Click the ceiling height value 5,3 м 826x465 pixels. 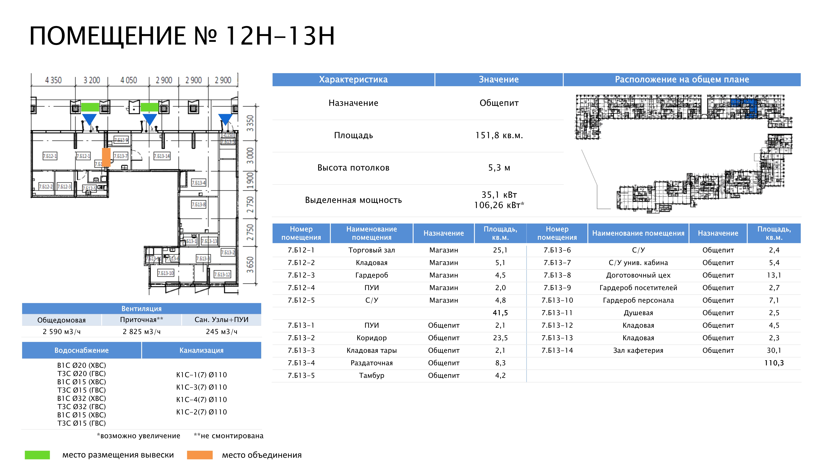pyautogui.click(x=499, y=168)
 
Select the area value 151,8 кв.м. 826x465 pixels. pyautogui.click(x=499, y=135)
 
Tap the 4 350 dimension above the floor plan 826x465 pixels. pyautogui.click(x=53, y=80)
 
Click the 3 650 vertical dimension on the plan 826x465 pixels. pyautogui.click(x=250, y=265)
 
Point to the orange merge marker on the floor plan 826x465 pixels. pyautogui.click(x=106, y=157)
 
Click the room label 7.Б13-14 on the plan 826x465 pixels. pyautogui.click(x=162, y=156)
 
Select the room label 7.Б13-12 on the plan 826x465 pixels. pyautogui.click(x=222, y=274)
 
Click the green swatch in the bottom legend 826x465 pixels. pyautogui.click(x=37, y=455)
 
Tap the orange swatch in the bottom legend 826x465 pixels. pyautogui.click(x=200, y=455)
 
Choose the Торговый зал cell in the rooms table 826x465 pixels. pyautogui.click(x=372, y=250)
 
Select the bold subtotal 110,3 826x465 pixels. pyautogui.click(x=774, y=363)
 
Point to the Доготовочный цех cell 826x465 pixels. pyautogui.click(x=638, y=275)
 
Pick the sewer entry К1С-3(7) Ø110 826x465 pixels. pyautogui.click(x=201, y=387)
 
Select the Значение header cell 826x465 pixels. pyautogui.click(x=499, y=80)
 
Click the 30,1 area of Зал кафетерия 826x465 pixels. pyautogui.click(x=774, y=351)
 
